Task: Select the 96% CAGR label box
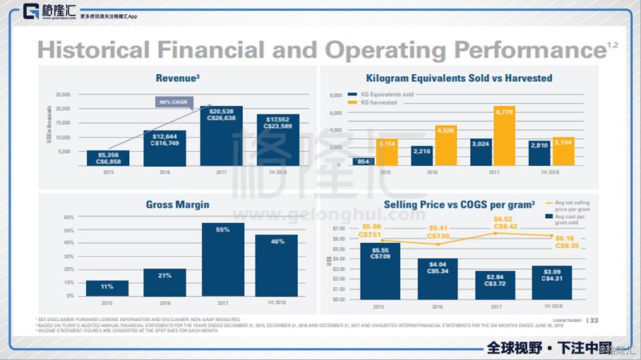[173, 102]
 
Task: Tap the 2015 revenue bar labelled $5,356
[108, 158]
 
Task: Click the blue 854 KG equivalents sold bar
[363, 162]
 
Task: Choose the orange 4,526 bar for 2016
[445, 145]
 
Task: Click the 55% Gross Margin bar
[222, 260]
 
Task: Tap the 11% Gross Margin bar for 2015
[107, 288]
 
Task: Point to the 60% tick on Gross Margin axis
[68, 217]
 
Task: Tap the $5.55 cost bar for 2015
[380, 271]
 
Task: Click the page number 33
[594, 320]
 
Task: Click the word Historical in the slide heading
[93, 50]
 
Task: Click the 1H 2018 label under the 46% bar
[276, 303]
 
